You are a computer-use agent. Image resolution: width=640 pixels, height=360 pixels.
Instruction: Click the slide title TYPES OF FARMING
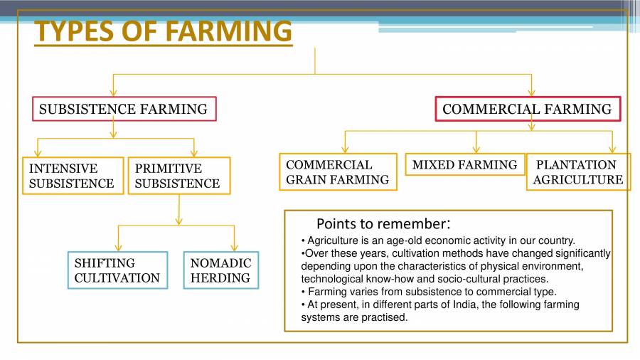coord(163,31)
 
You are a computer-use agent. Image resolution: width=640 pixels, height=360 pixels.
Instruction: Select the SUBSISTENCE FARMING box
coord(124,109)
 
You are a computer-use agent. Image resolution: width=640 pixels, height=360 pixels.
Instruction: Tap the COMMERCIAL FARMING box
coord(527,109)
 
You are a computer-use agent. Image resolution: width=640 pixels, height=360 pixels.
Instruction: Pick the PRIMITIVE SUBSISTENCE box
coord(178,176)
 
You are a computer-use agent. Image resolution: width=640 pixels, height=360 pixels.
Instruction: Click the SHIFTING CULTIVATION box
coord(117,270)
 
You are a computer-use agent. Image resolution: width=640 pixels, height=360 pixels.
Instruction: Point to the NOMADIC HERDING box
coord(220,270)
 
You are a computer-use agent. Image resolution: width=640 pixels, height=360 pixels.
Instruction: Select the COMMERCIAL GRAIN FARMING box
coord(338,172)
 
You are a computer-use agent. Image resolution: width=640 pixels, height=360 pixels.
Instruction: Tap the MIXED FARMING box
coord(464,164)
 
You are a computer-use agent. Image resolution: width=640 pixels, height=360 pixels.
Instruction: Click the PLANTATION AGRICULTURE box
coord(577,172)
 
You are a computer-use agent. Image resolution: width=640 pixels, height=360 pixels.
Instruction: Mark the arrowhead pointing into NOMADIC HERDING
coord(233,248)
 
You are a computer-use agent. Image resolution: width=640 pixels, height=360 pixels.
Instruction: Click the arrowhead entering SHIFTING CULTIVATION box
coord(118,248)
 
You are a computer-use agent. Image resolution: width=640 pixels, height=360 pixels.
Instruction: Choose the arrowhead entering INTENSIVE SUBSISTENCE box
coord(38,153)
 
